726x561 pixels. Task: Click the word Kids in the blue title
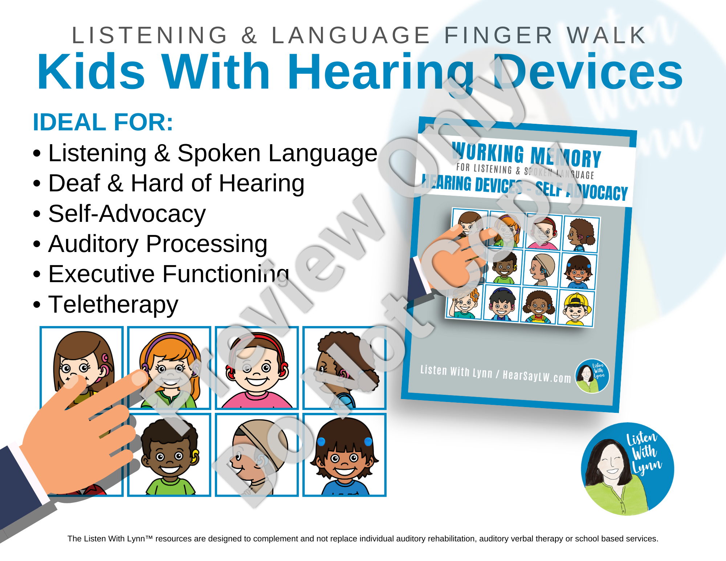(x=91, y=71)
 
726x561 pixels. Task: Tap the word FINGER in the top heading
(x=498, y=35)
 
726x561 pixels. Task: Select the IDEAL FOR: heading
(x=103, y=122)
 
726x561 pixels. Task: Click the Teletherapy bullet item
(x=106, y=304)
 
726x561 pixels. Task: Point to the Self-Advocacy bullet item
(x=119, y=214)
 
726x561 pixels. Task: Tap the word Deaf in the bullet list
(x=74, y=183)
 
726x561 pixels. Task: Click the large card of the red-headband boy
(x=257, y=368)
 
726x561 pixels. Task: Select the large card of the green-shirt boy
(x=169, y=455)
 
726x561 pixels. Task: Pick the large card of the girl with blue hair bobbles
(x=344, y=455)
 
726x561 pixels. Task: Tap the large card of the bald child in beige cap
(x=257, y=455)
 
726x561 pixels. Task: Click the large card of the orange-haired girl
(x=169, y=368)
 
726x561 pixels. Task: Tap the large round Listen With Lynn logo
(x=628, y=469)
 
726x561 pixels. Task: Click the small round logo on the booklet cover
(x=592, y=376)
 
